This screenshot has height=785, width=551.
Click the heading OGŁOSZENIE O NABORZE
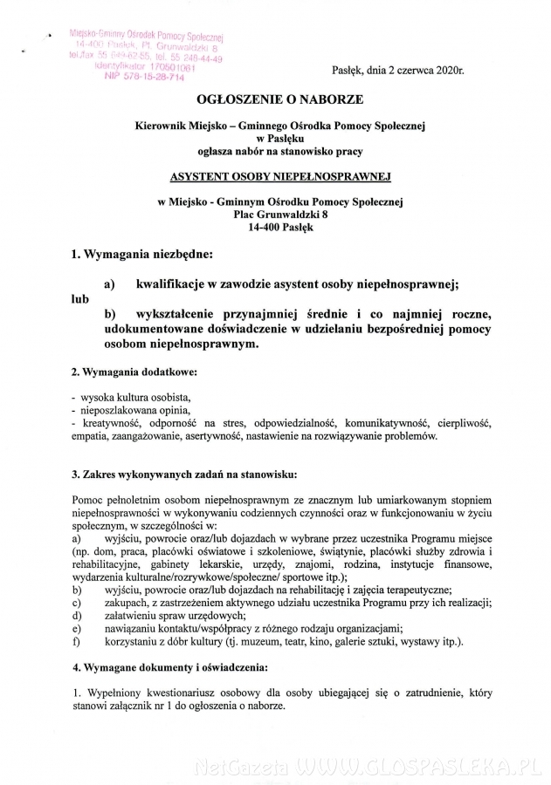279,100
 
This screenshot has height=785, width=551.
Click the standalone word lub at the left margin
80,297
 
